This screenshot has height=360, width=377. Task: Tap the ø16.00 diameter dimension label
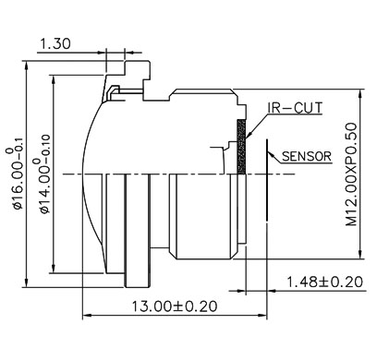(x=16, y=178)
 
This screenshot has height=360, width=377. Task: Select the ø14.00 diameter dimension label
(x=43, y=174)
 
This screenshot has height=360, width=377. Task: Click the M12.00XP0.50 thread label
(x=351, y=174)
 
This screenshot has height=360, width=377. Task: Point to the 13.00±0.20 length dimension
(x=175, y=306)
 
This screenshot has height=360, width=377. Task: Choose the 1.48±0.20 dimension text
(x=325, y=282)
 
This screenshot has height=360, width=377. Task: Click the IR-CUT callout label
(x=295, y=108)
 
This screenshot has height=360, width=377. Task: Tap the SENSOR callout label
(x=307, y=156)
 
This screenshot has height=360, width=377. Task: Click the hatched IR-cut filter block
(x=241, y=147)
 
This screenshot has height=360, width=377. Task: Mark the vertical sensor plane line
(x=267, y=180)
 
